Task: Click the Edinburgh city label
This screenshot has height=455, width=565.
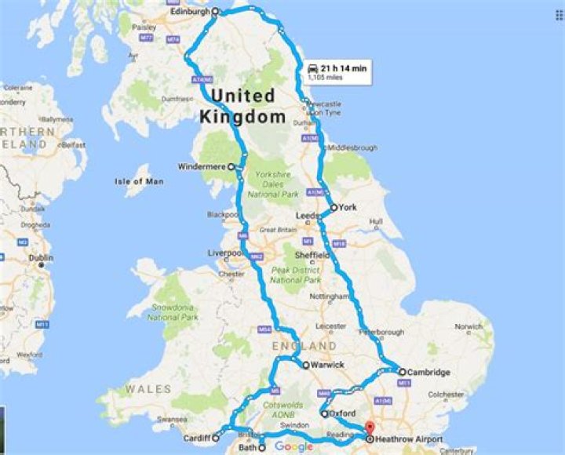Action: tap(189, 12)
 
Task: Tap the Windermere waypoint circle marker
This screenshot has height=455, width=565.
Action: tap(231, 166)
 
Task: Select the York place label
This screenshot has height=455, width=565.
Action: tap(348, 208)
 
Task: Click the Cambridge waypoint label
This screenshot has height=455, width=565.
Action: tap(430, 372)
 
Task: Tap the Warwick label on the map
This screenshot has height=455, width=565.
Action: tap(327, 365)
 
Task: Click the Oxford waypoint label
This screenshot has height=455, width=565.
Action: tap(344, 413)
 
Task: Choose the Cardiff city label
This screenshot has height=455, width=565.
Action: tap(195, 438)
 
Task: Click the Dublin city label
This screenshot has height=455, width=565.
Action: tap(40, 257)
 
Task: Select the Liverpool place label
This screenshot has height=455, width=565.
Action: tap(224, 253)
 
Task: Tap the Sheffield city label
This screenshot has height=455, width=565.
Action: tap(312, 255)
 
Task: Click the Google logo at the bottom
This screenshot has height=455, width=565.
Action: tap(293, 446)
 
